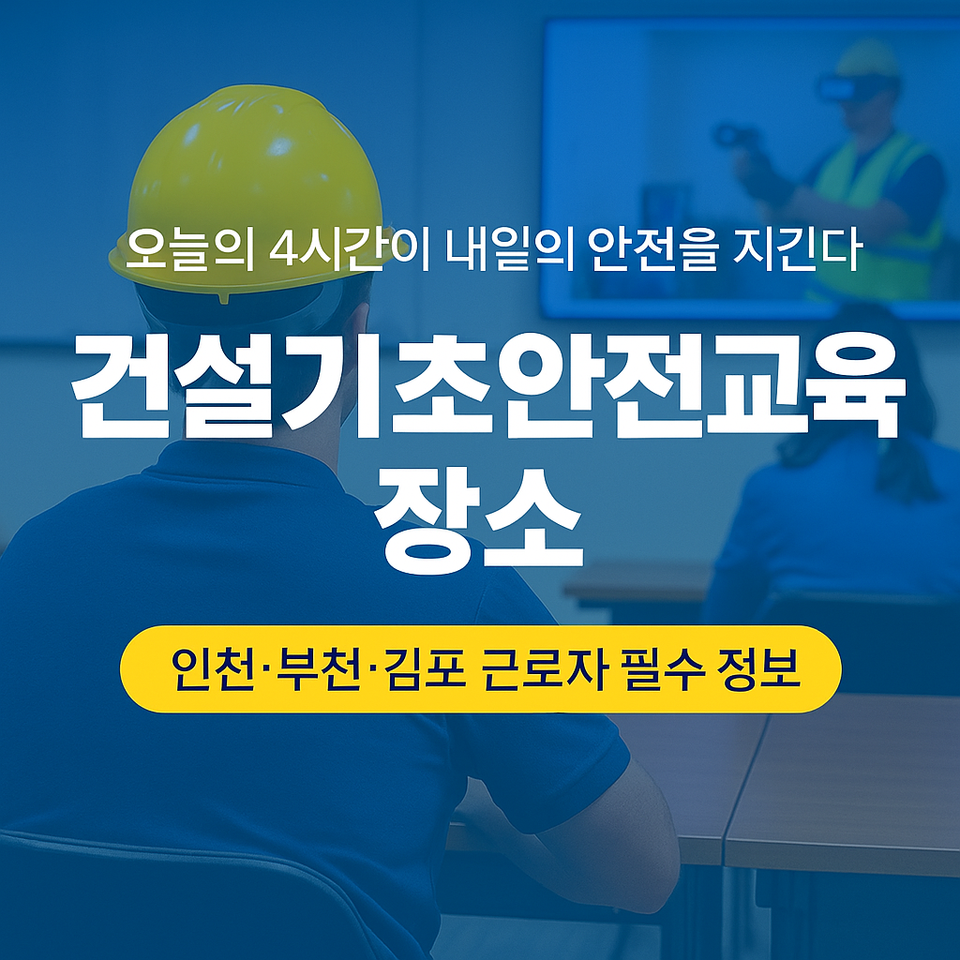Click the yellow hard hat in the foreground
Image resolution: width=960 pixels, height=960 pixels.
pos(248,178)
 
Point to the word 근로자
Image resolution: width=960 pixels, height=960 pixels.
pos(544,668)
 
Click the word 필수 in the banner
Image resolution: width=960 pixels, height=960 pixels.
pos(655,668)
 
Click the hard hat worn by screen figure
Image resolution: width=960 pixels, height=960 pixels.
pos(866,58)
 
